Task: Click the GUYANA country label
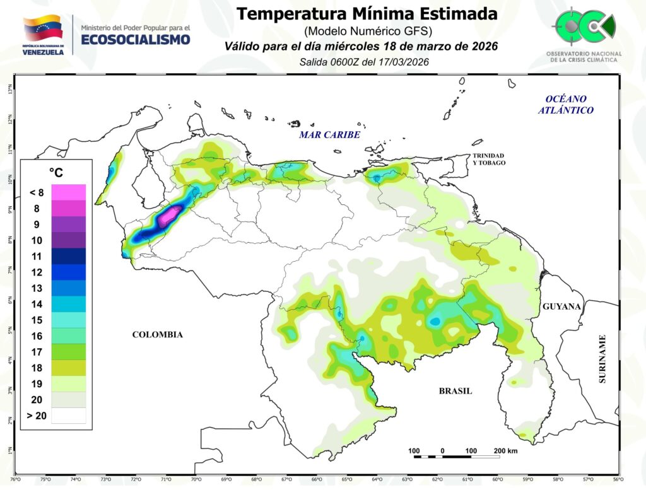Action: coord(561,306)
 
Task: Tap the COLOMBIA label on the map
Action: coord(157,335)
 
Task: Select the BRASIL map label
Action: coord(455,391)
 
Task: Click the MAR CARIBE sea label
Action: coord(329,135)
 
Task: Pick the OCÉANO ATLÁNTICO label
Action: coord(566,105)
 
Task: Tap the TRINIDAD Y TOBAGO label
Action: coord(490,159)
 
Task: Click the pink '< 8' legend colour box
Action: coord(69,192)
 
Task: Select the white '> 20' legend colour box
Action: coord(69,415)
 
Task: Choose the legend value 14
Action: coord(37,305)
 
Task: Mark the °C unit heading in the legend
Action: coord(56,172)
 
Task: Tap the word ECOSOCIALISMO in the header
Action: coord(136,39)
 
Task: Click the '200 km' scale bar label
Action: coord(505,451)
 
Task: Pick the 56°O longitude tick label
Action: coord(618,479)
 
